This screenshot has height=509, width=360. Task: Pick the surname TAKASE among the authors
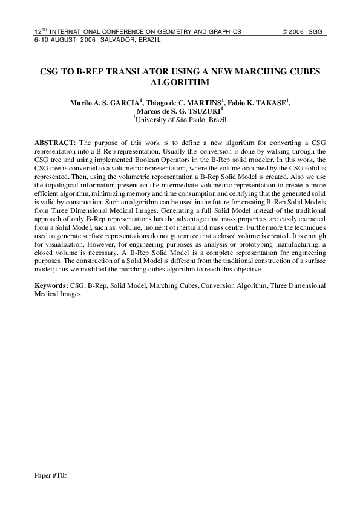(x=269, y=103)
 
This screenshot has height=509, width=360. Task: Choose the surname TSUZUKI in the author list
(x=204, y=112)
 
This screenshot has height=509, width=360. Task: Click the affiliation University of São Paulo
(x=171, y=120)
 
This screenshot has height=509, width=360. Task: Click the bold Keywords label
(x=51, y=285)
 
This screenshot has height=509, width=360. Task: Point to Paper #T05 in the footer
(x=51, y=476)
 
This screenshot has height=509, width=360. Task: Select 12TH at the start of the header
(x=41, y=30)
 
